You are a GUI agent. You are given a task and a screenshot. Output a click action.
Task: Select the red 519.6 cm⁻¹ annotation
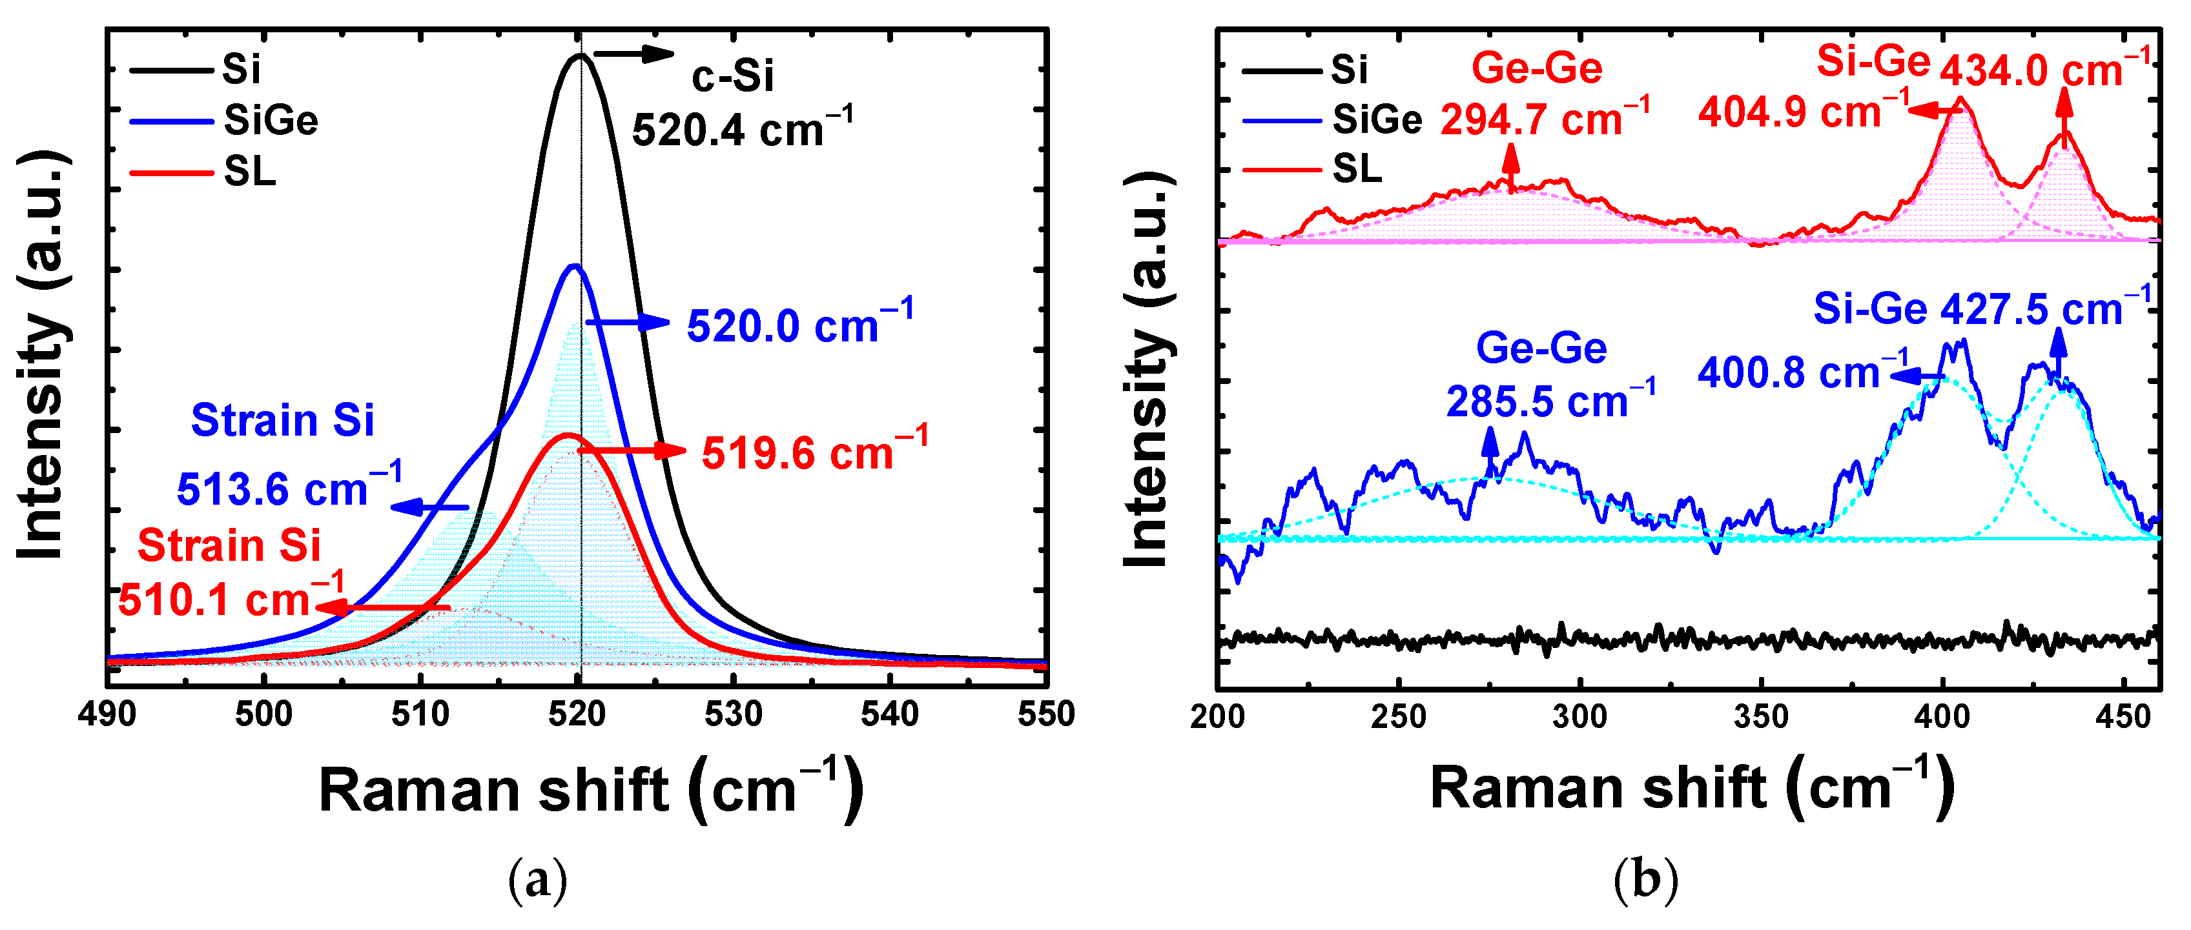coord(814,451)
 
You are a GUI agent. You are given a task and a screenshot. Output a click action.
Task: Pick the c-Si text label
coord(732,77)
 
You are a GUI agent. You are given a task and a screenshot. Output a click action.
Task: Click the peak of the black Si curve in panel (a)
coord(580,56)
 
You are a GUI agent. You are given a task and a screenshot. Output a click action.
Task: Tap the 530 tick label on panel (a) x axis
coord(733,714)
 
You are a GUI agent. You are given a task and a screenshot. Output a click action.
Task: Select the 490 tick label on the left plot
coord(107,714)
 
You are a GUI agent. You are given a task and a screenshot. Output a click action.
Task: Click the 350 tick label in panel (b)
coord(1761,716)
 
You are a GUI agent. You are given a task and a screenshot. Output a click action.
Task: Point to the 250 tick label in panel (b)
coord(1398,716)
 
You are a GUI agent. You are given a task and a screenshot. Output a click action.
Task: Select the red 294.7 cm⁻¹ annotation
coord(1545,119)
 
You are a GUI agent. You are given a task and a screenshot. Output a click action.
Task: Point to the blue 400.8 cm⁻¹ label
coord(1803,372)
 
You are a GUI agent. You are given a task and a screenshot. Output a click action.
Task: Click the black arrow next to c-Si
coord(633,54)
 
